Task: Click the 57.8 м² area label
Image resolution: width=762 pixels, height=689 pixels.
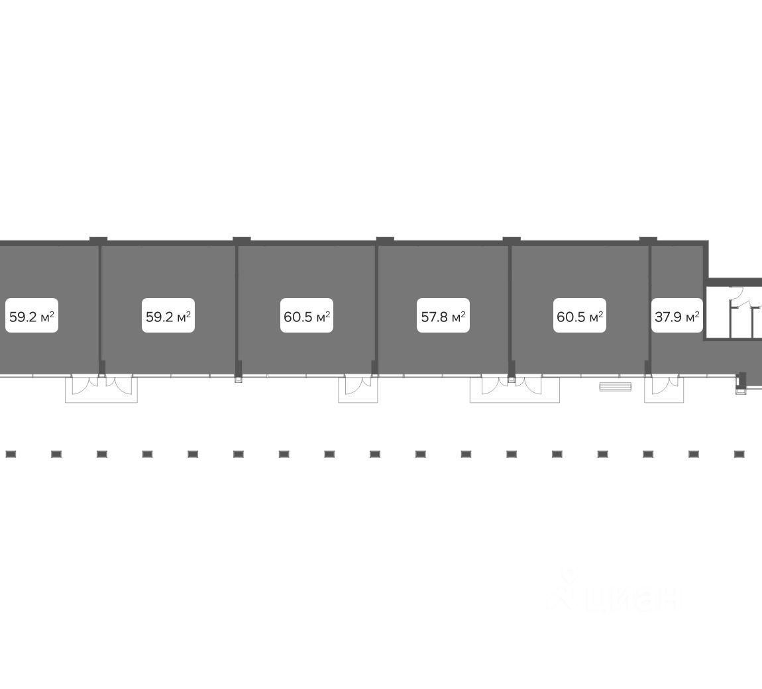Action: point(443,317)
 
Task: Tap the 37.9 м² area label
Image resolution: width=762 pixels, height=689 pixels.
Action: point(677,317)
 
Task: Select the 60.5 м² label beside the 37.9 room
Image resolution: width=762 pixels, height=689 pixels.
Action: point(580,317)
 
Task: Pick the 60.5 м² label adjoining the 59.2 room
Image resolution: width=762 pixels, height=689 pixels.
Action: point(307,317)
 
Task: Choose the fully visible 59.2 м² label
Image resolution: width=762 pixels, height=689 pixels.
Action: point(168,317)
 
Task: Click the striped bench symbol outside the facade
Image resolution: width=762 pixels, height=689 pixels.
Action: point(615,387)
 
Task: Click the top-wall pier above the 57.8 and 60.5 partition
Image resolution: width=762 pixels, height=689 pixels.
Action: point(512,239)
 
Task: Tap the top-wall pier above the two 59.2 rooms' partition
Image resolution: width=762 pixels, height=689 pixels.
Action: point(99,239)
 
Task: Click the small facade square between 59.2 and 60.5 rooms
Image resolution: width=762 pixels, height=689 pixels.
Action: point(239,380)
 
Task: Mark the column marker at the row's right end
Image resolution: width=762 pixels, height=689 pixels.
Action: point(739,454)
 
